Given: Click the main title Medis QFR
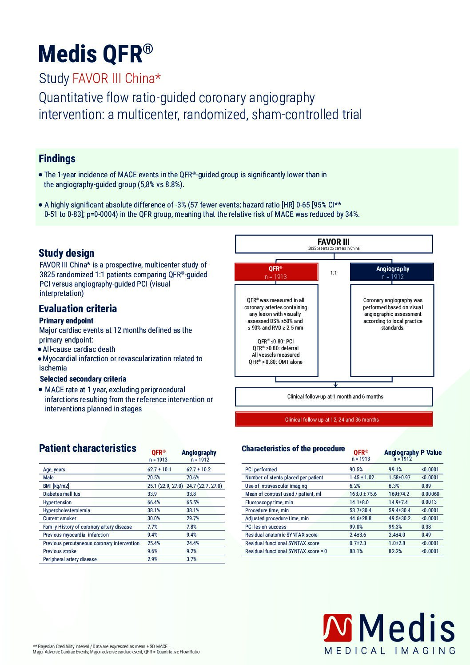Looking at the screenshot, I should tap(96, 54).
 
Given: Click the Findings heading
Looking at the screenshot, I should tap(57, 159).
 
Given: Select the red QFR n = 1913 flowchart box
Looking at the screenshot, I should tap(276, 272).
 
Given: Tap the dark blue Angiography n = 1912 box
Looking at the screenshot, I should tap(392, 272).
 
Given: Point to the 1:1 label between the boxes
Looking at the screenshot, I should tap(334, 273).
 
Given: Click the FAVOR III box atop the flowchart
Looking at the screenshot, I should tap(334, 244).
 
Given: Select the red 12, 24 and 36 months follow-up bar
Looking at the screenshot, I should tap(334, 419).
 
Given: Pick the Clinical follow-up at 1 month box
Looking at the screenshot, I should tap(334, 397).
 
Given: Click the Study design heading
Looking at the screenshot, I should tap(66, 253).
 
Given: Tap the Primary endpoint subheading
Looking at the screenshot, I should tap(66, 321).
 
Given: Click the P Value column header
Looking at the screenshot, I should tap(431, 453).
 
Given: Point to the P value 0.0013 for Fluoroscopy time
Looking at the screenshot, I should tap(429, 502).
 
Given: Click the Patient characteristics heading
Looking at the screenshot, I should tap(88, 448).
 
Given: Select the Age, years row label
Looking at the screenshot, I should tap(54, 470).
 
